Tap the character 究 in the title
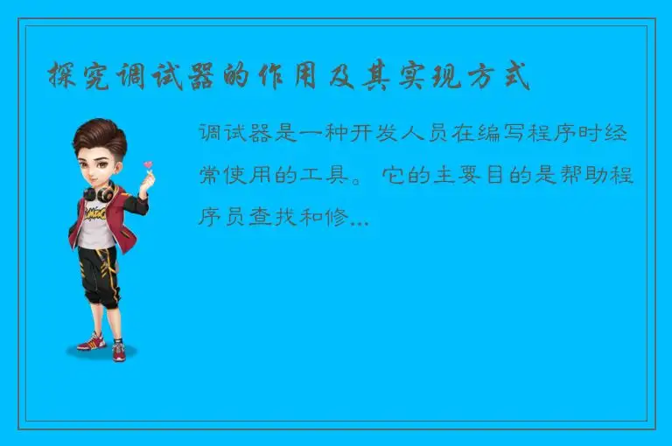pos(94,77)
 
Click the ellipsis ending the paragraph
pos(359,221)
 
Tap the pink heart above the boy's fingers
pos(148,164)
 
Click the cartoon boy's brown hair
pos(98,136)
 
